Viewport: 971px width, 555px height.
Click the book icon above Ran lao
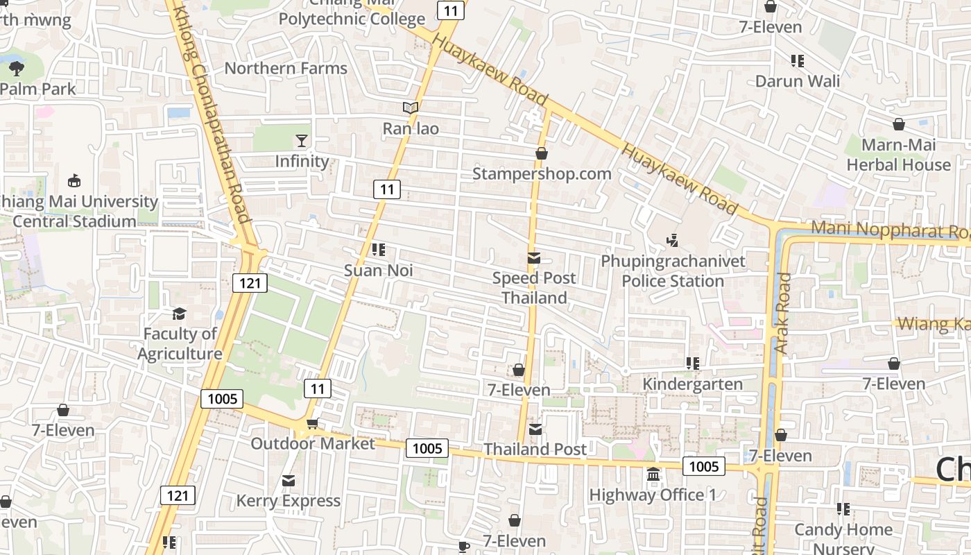pyautogui.click(x=411, y=108)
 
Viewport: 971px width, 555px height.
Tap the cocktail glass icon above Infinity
pyautogui.click(x=302, y=141)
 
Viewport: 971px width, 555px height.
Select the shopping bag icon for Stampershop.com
pyautogui.click(x=542, y=153)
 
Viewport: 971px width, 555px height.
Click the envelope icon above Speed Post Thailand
pyautogui.click(x=533, y=258)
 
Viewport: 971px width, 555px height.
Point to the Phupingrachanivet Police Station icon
pyautogui.click(x=671, y=241)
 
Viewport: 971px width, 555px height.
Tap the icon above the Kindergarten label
pyautogui.click(x=691, y=364)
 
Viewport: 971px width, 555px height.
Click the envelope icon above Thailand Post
pyautogui.click(x=535, y=429)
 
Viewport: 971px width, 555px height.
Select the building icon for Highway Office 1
pyautogui.click(x=653, y=475)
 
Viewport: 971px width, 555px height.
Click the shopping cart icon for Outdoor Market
pyautogui.click(x=313, y=423)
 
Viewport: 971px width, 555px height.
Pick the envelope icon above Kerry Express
pyautogui.click(x=289, y=481)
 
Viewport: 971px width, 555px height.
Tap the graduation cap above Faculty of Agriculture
pyautogui.click(x=180, y=314)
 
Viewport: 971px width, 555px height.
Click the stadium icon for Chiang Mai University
pyautogui.click(x=74, y=181)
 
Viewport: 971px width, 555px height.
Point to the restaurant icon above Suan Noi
pyautogui.click(x=378, y=250)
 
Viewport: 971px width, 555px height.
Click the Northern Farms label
pyautogui.click(x=286, y=69)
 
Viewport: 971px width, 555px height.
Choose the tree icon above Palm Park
pyautogui.click(x=17, y=68)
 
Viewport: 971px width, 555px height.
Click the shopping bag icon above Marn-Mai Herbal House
pyautogui.click(x=898, y=124)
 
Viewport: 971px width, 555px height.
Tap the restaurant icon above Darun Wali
pyautogui.click(x=798, y=61)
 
